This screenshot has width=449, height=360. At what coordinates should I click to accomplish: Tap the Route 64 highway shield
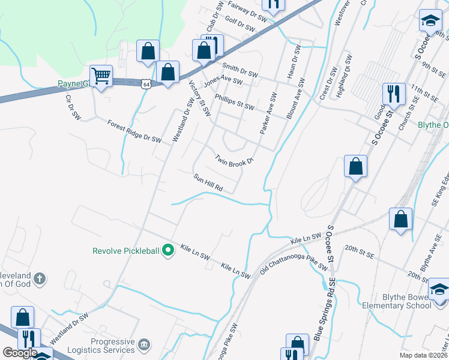click(x=146, y=84)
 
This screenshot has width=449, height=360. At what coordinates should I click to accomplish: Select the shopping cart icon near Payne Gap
click(x=101, y=76)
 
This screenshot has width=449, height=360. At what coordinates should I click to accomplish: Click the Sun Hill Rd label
click(x=208, y=183)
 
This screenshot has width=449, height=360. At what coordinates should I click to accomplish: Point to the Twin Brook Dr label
click(x=235, y=159)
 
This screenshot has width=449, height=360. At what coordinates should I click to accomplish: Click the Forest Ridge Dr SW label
click(x=134, y=131)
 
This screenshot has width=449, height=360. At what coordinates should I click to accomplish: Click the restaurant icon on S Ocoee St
click(x=394, y=94)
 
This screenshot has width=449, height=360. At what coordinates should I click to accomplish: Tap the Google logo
click(x=20, y=352)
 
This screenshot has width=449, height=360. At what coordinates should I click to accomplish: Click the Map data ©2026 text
click(x=423, y=355)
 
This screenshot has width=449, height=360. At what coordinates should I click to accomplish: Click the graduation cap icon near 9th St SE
click(x=430, y=22)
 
